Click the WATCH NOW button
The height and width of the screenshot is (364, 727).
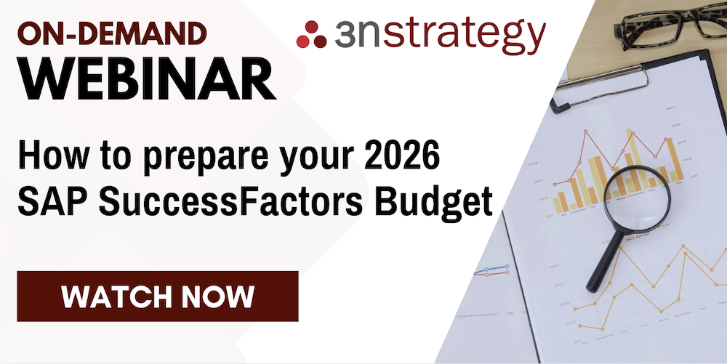tap(158, 296)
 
